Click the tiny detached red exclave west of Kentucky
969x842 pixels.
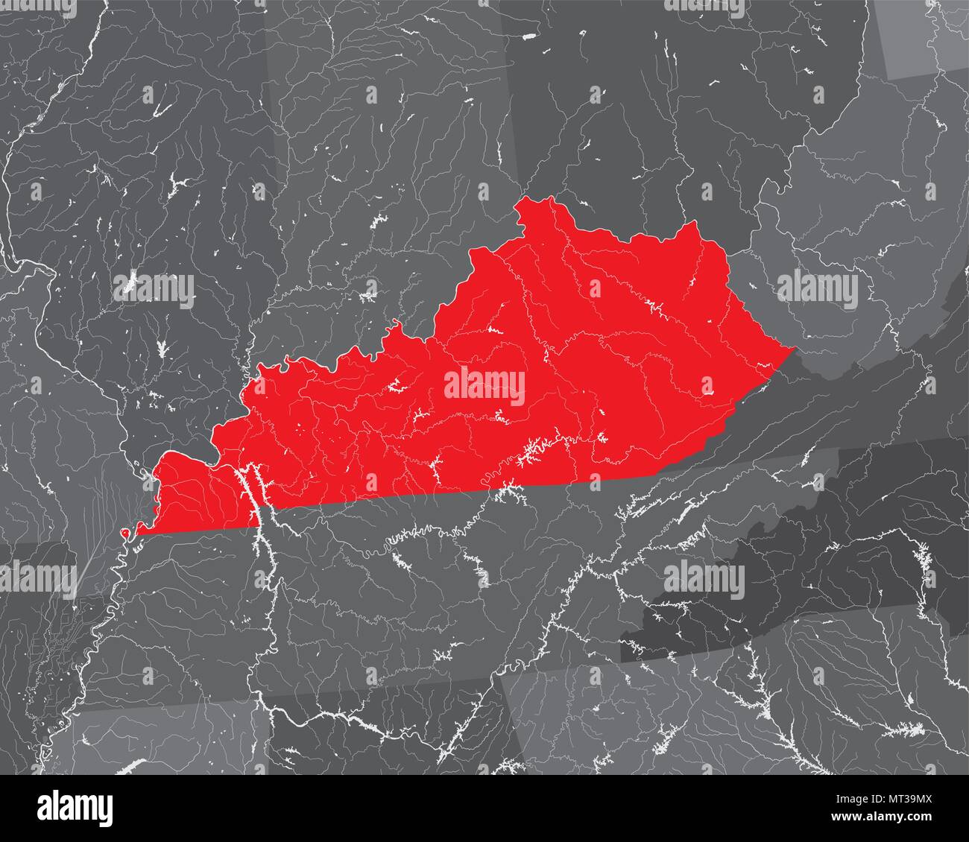tap(124, 533)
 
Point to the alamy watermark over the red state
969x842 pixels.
tap(484, 385)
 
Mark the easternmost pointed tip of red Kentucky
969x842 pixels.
tap(795, 346)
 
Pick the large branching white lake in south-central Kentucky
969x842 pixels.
tap(535, 451)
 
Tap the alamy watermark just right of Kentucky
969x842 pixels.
tap(817, 290)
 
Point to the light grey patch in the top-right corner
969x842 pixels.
tap(924, 37)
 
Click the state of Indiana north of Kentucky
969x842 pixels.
tap(388, 186)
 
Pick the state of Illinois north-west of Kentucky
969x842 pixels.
tap(149, 224)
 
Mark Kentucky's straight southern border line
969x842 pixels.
tap(447, 496)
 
